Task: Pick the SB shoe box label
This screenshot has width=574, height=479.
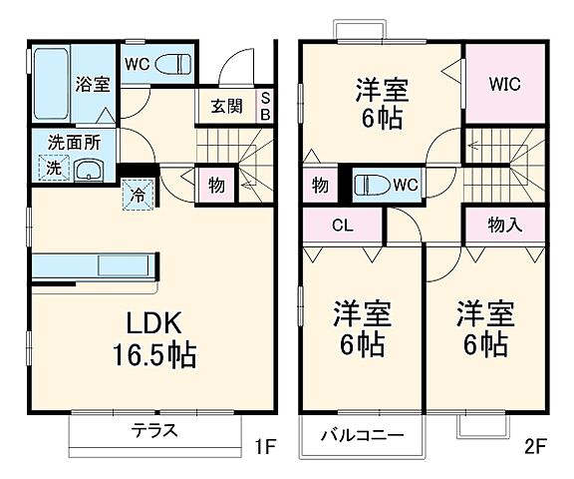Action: coord(266,106)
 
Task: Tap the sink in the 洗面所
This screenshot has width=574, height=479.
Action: coord(89,170)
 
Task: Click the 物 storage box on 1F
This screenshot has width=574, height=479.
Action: coord(214,185)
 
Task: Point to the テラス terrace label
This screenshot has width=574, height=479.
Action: coord(154,432)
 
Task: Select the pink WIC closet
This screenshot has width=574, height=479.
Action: coord(502,85)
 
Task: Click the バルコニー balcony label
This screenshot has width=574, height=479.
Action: coord(362,436)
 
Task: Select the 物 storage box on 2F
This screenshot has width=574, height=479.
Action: coord(320,186)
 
